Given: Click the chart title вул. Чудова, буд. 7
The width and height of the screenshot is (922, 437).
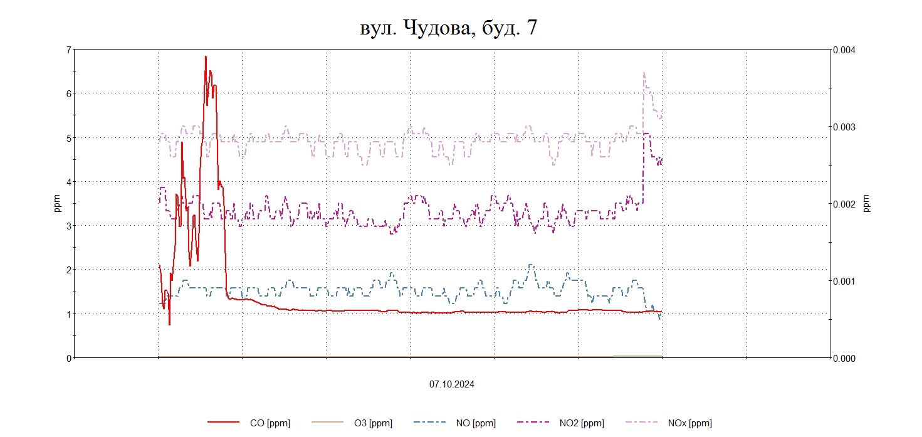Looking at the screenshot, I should [448, 28].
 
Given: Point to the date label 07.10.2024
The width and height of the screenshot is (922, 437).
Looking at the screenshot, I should [452, 384].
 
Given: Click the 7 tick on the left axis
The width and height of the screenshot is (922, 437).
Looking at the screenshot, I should [68, 50].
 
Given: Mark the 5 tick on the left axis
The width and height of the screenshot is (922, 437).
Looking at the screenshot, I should [68, 137].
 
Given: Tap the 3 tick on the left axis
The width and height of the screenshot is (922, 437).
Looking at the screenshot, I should [68, 226].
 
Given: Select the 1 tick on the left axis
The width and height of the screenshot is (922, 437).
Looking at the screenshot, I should [68, 313].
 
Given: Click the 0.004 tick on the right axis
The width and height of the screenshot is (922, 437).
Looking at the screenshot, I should [843, 50].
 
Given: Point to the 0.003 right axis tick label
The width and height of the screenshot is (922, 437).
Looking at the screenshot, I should [843, 127].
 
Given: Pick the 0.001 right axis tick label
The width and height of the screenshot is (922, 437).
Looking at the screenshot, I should [843, 281].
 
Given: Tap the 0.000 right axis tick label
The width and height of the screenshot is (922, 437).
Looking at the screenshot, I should [843, 358].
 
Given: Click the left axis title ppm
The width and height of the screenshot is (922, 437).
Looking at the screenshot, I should [58, 204].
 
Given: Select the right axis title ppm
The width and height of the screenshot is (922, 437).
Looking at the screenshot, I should [867, 204].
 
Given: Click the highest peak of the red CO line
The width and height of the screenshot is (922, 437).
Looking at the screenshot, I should [205, 56].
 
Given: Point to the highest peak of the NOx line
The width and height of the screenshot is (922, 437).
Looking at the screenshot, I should [644, 73].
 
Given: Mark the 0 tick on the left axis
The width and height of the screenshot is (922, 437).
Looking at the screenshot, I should [68, 358].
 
